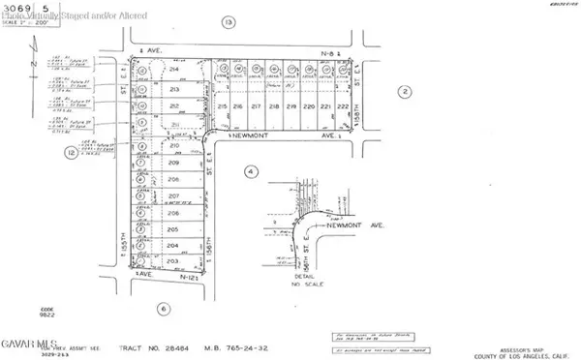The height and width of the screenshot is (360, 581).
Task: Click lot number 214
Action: (174, 71)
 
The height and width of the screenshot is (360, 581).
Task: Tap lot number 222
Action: (343, 106)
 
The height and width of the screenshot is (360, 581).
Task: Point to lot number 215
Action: (222, 106)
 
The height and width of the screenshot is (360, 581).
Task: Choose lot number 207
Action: (174, 196)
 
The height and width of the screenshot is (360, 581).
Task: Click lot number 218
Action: (274, 106)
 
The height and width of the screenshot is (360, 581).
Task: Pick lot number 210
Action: (174, 146)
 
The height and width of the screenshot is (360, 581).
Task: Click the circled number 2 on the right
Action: (405, 92)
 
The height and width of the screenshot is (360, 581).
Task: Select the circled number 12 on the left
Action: (71, 152)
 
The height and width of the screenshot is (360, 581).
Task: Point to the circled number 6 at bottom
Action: (163, 309)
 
